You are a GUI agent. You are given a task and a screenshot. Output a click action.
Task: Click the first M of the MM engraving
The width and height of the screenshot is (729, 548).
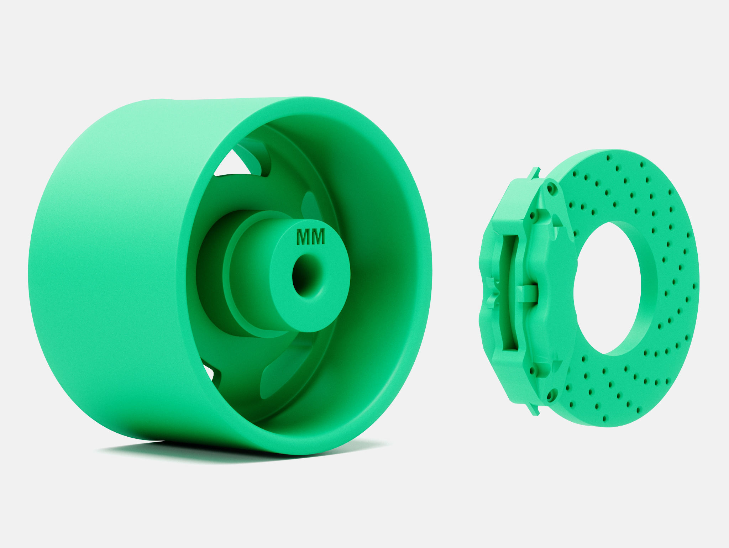304,237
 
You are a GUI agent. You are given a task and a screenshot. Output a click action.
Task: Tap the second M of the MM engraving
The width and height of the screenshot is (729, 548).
318,237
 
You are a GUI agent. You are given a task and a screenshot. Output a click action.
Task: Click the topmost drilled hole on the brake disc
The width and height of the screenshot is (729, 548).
608,157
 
